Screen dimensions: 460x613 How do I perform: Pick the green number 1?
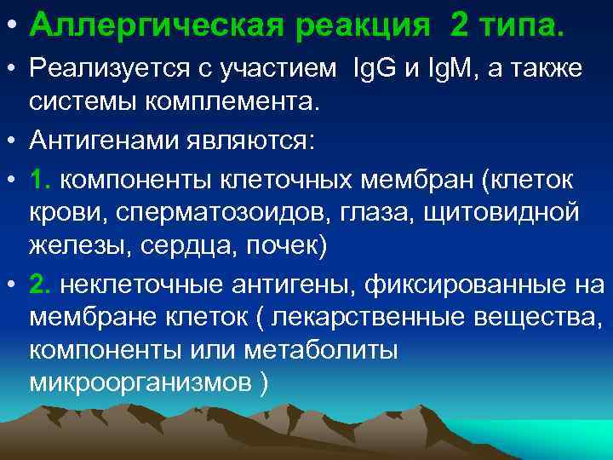(40, 180)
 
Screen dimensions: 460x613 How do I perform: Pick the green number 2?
(40, 283)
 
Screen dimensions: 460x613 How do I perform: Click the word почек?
(284, 246)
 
